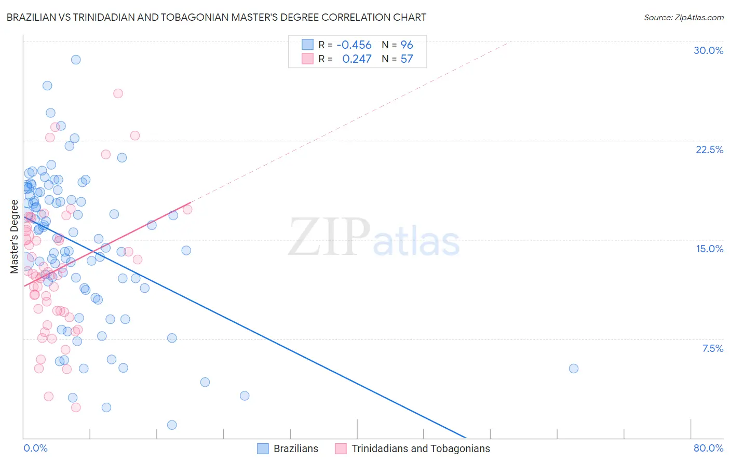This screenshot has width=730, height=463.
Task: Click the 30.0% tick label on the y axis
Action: point(708,50)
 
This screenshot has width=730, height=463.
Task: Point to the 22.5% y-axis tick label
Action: point(709,149)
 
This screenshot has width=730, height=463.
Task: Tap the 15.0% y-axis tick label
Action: point(709,249)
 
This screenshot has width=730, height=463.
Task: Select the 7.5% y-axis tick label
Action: point(712,348)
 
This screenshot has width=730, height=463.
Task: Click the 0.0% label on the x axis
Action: point(35,448)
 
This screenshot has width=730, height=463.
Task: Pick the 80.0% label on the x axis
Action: point(708,448)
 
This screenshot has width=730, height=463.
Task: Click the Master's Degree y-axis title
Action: point(14,236)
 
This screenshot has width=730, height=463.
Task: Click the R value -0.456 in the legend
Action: point(354,45)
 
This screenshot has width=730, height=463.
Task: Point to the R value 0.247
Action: point(357,59)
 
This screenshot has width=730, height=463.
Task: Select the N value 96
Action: point(407,45)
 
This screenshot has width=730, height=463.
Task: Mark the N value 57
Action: point(407,59)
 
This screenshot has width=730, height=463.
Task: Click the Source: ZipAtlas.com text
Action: point(683,18)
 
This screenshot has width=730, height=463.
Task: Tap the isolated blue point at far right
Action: point(573,369)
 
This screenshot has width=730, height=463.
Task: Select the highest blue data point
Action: point(76,60)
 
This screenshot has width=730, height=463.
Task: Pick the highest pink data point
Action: point(118,93)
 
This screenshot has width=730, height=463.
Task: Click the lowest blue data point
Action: point(172,425)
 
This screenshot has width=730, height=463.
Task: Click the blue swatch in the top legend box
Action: point(307,45)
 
